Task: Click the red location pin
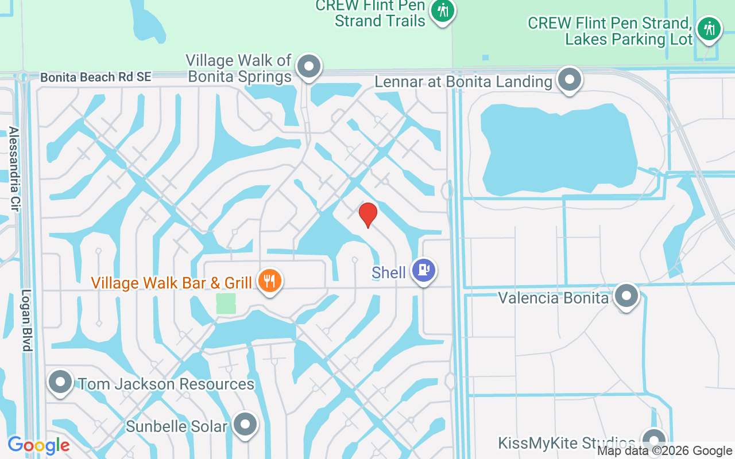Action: click(367, 215)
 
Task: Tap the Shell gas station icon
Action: click(424, 269)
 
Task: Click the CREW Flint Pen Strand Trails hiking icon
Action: click(442, 10)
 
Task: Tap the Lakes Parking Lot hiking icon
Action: click(709, 28)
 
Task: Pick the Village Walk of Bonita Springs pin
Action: click(310, 66)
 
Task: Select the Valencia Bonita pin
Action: click(626, 296)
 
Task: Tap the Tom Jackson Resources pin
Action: click(60, 382)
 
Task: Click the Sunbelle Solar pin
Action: click(246, 425)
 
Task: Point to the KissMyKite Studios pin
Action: click(653, 441)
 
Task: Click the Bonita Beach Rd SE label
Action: click(96, 77)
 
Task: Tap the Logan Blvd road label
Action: click(26, 320)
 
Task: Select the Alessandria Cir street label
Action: click(14, 169)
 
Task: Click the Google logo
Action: click(38, 445)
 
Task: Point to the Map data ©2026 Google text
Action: click(665, 451)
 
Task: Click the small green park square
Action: click(226, 303)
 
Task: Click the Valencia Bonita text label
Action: click(553, 298)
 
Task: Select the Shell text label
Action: click(389, 273)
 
